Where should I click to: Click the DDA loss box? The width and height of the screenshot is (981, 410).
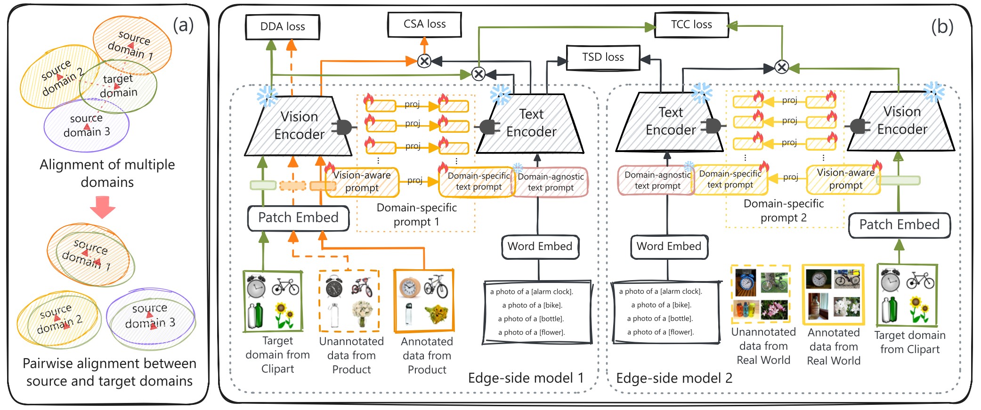(283, 27)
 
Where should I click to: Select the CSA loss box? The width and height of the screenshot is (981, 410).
(424, 24)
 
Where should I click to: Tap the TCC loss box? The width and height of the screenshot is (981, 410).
(691, 24)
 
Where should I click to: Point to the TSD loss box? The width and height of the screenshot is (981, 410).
(603, 57)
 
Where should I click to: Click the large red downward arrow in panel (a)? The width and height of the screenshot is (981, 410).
(103, 206)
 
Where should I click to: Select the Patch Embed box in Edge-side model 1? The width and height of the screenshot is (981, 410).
(298, 218)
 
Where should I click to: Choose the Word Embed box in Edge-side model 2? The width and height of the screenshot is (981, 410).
(669, 247)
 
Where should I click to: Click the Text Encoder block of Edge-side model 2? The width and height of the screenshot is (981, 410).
(670, 121)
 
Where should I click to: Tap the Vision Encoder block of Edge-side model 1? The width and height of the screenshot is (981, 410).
(299, 126)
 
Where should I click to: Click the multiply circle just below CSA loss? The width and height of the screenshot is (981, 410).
(424, 61)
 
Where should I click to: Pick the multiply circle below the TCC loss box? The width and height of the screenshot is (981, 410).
(782, 67)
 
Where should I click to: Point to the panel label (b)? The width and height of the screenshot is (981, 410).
(942, 27)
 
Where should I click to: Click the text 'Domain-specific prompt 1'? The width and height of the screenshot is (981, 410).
(416, 215)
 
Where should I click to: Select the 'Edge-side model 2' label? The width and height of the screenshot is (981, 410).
(674, 378)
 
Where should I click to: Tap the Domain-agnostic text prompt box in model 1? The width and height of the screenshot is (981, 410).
(550, 182)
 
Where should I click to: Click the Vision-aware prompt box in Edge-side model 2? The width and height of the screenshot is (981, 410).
(845, 179)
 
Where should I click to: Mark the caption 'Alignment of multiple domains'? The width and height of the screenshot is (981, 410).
(107, 173)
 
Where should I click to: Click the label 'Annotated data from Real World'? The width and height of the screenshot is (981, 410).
(833, 346)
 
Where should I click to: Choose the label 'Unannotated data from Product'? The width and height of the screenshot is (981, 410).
(351, 355)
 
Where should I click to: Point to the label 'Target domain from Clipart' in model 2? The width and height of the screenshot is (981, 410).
(909, 342)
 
